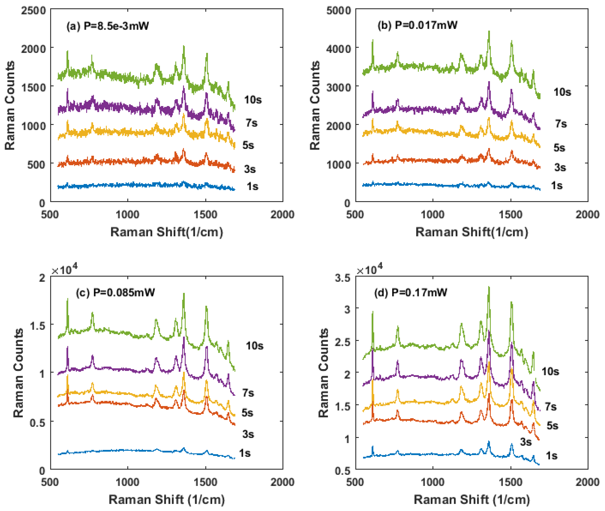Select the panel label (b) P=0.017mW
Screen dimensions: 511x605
click(x=417, y=25)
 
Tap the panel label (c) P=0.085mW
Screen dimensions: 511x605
click(x=115, y=293)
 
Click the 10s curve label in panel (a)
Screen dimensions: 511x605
click(x=253, y=100)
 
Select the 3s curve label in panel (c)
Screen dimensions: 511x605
click(x=248, y=434)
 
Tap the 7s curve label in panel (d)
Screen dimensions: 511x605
click(x=551, y=407)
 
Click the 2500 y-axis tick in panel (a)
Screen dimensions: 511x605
click(x=33, y=11)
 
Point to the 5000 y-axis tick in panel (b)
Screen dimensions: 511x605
click(x=338, y=11)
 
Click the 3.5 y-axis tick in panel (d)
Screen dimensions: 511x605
click(x=342, y=278)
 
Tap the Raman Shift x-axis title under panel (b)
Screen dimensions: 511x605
click(x=472, y=232)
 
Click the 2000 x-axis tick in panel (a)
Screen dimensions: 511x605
click(x=282, y=215)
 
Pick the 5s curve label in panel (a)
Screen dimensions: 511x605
click(x=248, y=145)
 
